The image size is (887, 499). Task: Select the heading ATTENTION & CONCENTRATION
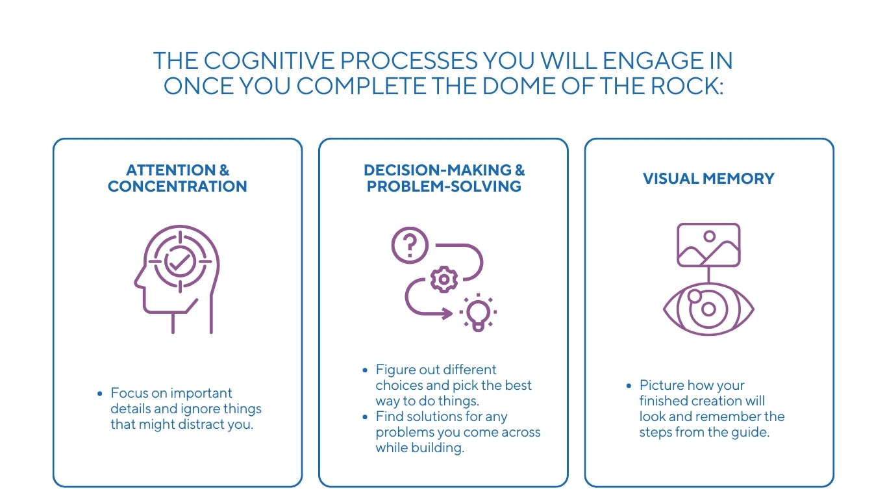click(177, 179)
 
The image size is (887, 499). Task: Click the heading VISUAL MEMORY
click(708, 179)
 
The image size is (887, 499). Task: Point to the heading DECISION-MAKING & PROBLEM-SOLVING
click(444, 179)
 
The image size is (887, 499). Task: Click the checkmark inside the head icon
click(180, 261)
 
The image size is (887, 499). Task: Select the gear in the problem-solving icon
click(444, 279)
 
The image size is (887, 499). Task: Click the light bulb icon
click(477, 313)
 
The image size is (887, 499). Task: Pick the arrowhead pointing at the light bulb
click(447, 314)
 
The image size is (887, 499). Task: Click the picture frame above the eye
click(708, 245)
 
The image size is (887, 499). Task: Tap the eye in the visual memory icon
click(708, 309)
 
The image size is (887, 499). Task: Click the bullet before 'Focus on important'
click(99, 393)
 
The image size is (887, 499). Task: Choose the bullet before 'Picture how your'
click(628, 385)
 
